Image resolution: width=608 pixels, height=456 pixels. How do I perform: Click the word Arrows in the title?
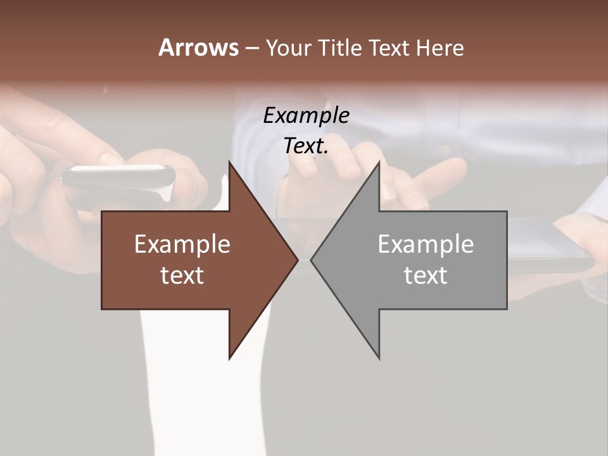[198, 47]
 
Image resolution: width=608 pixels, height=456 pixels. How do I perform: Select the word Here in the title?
[440, 48]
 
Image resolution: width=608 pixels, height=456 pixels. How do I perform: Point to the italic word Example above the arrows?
[306, 115]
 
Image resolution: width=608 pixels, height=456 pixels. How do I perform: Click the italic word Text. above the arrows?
[306, 146]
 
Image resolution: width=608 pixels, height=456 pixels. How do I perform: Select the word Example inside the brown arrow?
[182, 244]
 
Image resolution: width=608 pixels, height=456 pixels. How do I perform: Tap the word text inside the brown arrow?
[182, 275]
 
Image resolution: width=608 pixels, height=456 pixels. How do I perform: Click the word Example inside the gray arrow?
[426, 244]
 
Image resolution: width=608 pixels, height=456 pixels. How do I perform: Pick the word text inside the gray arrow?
[426, 275]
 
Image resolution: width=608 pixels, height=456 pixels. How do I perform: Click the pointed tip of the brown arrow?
[298, 260]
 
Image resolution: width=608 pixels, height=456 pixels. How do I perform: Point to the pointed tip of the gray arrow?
[311, 260]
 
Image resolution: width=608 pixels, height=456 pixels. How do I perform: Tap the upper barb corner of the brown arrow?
[230, 161]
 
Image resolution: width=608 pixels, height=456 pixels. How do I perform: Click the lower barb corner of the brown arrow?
[230, 358]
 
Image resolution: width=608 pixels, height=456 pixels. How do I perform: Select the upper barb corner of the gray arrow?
[379, 161]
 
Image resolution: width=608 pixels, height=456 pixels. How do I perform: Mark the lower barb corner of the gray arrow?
[379, 358]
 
